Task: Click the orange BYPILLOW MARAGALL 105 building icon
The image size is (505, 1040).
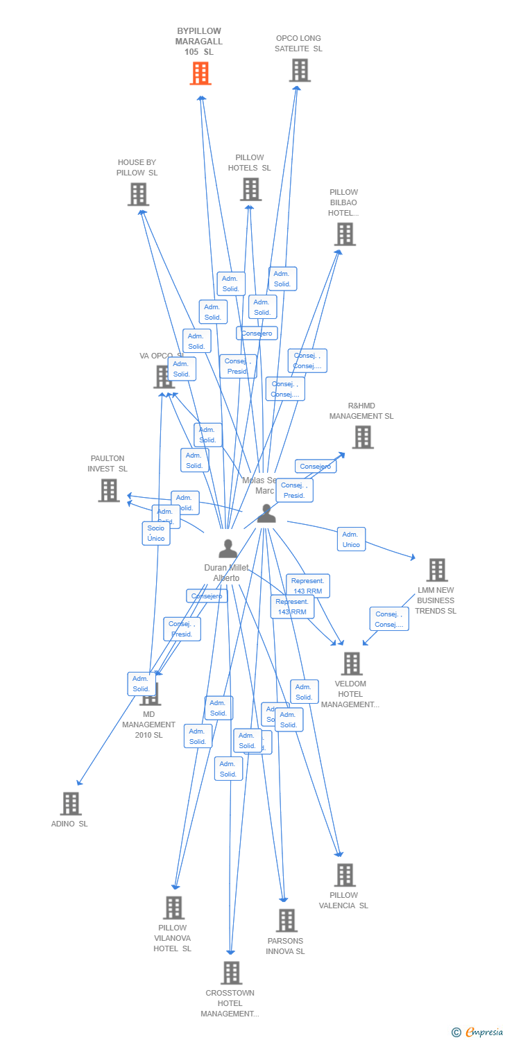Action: pyautogui.click(x=200, y=73)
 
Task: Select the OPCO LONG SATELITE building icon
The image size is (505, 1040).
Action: pyautogui.click(x=300, y=70)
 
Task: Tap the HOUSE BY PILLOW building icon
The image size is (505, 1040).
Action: pyautogui.click(x=138, y=194)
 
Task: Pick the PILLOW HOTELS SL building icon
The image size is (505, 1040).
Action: pyautogui.click(x=250, y=189)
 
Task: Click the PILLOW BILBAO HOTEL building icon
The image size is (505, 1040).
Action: pyautogui.click(x=345, y=234)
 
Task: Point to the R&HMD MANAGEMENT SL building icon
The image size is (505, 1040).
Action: pyautogui.click(x=362, y=437)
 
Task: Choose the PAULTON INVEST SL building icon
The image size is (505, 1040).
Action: pyautogui.click(x=108, y=490)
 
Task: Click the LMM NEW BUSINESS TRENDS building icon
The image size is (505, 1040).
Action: pyautogui.click(x=436, y=570)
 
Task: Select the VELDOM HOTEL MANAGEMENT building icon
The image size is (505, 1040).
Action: pyautogui.click(x=351, y=664)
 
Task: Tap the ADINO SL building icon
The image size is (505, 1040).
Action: pyautogui.click(x=70, y=804)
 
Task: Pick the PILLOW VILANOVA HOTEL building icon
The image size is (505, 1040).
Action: pyautogui.click(x=173, y=907)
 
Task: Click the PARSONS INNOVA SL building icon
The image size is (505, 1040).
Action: pyautogui.click(x=286, y=921)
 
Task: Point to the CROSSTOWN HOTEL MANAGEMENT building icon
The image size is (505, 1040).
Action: pyautogui.click(x=231, y=973)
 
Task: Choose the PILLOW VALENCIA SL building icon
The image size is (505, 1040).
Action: pyautogui.click(x=345, y=875)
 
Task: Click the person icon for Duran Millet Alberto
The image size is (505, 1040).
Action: pyautogui.click(x=228, y=548)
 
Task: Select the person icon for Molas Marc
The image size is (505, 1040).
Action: pyautogui.click(x=266, y=514)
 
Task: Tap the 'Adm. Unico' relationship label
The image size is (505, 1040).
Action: pyautogui.click(x=351, y=539)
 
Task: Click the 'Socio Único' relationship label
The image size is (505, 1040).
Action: pyautogui.click(x=156, y=533)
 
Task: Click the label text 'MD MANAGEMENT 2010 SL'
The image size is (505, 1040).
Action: pyautogui.click(x=148, y=725)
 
